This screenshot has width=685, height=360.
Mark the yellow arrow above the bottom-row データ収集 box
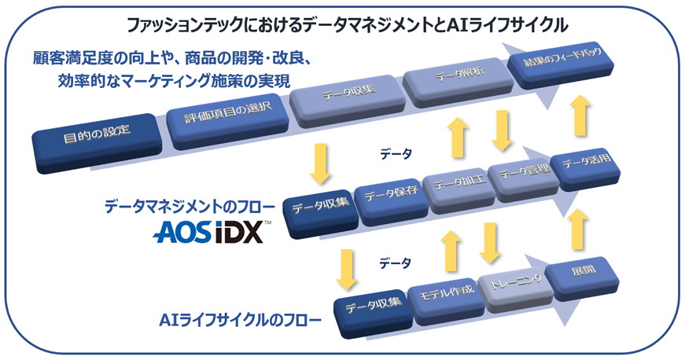pos(347,268)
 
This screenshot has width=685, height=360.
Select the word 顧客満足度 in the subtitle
pos(72,58)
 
